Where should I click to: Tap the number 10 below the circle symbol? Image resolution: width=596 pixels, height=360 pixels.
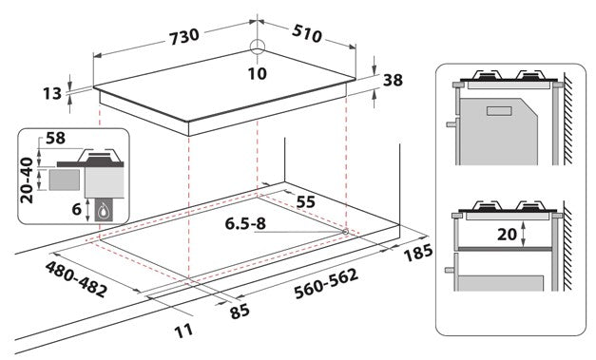coord(258,72)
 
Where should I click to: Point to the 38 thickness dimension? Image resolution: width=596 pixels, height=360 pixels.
coord(392,82)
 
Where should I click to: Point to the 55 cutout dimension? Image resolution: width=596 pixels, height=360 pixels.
coord(305,202)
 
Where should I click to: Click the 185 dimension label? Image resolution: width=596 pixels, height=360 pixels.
coord(417,255)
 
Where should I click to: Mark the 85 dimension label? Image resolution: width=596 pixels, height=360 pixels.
coord(239,310)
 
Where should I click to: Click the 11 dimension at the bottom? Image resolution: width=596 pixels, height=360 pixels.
coord(183,330)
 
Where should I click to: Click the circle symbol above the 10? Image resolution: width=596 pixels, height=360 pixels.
coord(258,50)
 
